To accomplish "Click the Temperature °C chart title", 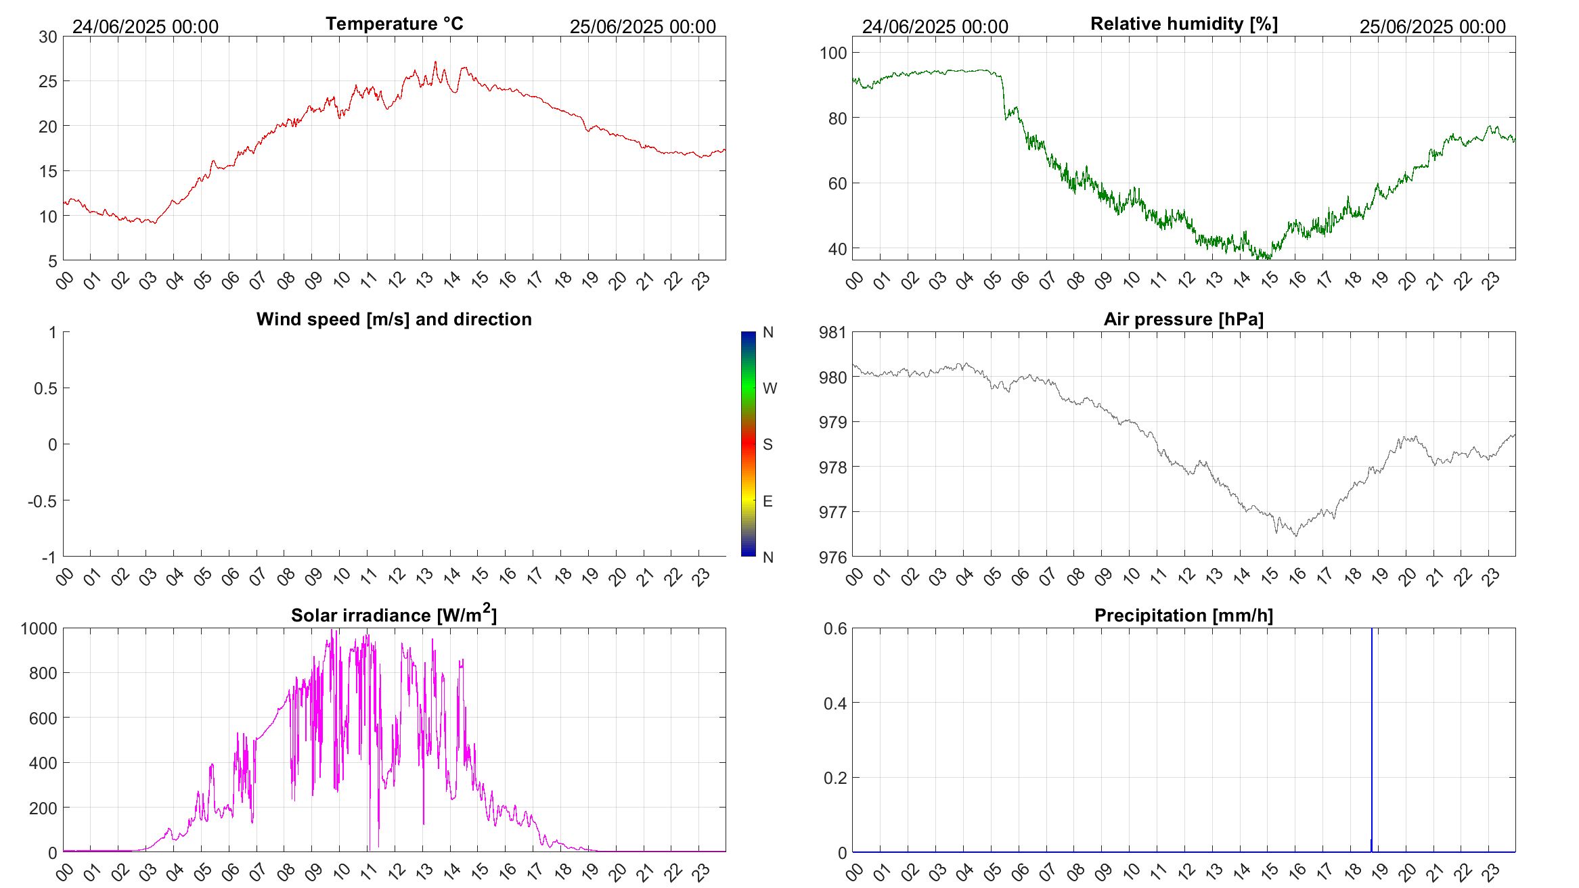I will coord(394,24).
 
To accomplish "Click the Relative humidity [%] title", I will coord(1184,24).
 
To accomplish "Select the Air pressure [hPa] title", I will coord(1183,319).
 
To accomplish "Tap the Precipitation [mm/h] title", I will coord(1183,615).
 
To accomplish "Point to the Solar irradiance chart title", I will coord(394,615).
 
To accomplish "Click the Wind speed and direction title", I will coord(394,319).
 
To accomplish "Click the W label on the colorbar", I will coord(770,388).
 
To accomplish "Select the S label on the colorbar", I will coord(768,444).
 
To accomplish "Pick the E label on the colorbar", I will coord(768,501).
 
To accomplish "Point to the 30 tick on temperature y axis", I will coord(48,37).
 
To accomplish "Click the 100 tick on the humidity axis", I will coord(832,53).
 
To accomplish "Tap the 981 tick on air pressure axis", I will coord(832,332).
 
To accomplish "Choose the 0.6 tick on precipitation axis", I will coord(835,629).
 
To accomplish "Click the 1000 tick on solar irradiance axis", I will coord(39,629).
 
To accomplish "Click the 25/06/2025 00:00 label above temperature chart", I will coord(642,26).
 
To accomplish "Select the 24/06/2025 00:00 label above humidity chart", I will coord(935,26).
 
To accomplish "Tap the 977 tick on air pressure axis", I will coord(832,512).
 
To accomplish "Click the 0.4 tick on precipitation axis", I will coord(835,703).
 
